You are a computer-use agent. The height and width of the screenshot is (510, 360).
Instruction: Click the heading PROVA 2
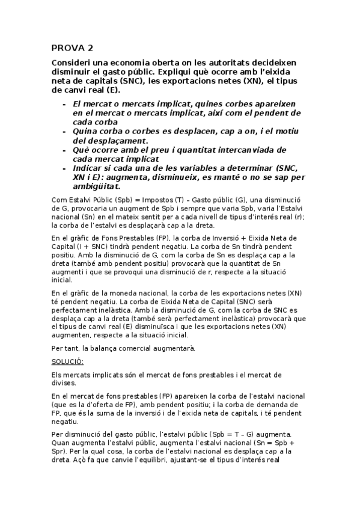[x=72, y=49]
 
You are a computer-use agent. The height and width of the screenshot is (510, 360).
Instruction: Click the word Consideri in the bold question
[x=75, y=63]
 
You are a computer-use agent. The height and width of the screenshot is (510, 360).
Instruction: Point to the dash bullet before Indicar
[x=65, y=168]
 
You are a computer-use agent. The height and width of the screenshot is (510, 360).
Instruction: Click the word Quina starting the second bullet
[x=87, y=131]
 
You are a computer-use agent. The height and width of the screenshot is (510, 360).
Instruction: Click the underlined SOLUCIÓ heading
[x=68, y=361]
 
